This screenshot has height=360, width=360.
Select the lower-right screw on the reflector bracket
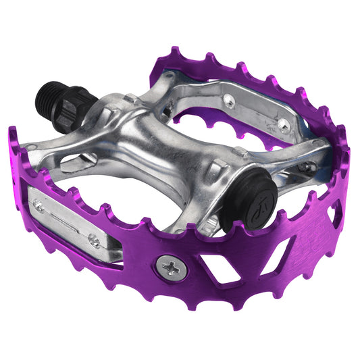[95, 242]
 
